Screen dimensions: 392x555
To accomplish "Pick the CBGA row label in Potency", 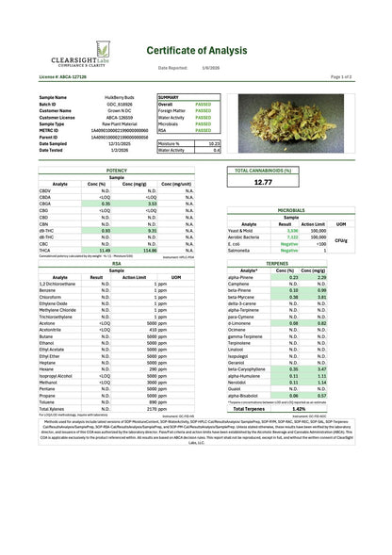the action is point(46,203).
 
